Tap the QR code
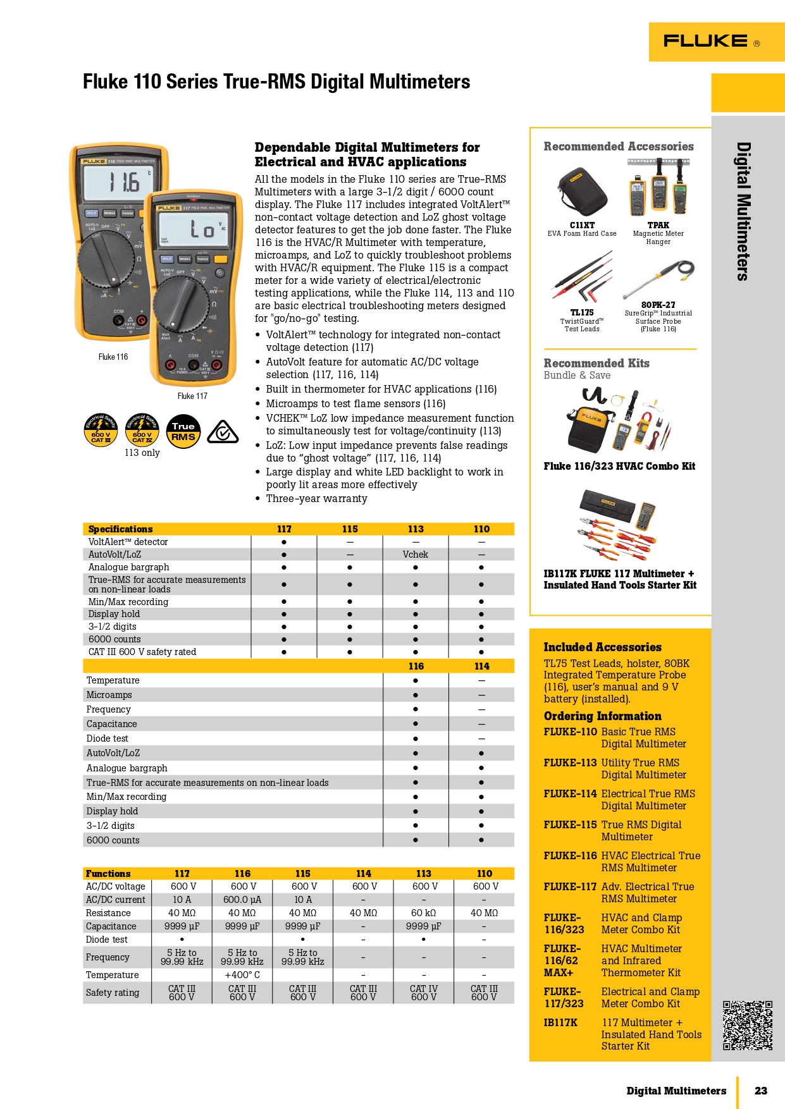(x=748, y=1025)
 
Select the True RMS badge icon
(x=183, y=431)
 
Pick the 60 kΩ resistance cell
(x=424, y=913)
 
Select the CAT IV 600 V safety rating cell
(x=424, y=993)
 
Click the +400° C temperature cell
(x=242, y=975)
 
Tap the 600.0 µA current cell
(x=242, y=900)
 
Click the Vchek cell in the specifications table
(x=416, y=554)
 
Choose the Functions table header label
(x=108, y=873)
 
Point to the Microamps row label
(x=109, y=695)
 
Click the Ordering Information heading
(x=602, y=716)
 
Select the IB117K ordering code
(x=560, y=1022)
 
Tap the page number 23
(x=760, y=1091)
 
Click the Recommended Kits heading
(x=596, y=363)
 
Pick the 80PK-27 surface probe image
(x=658, y=278)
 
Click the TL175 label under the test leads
(x=582, y=312)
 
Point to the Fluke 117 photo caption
(x=192, y=396)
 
